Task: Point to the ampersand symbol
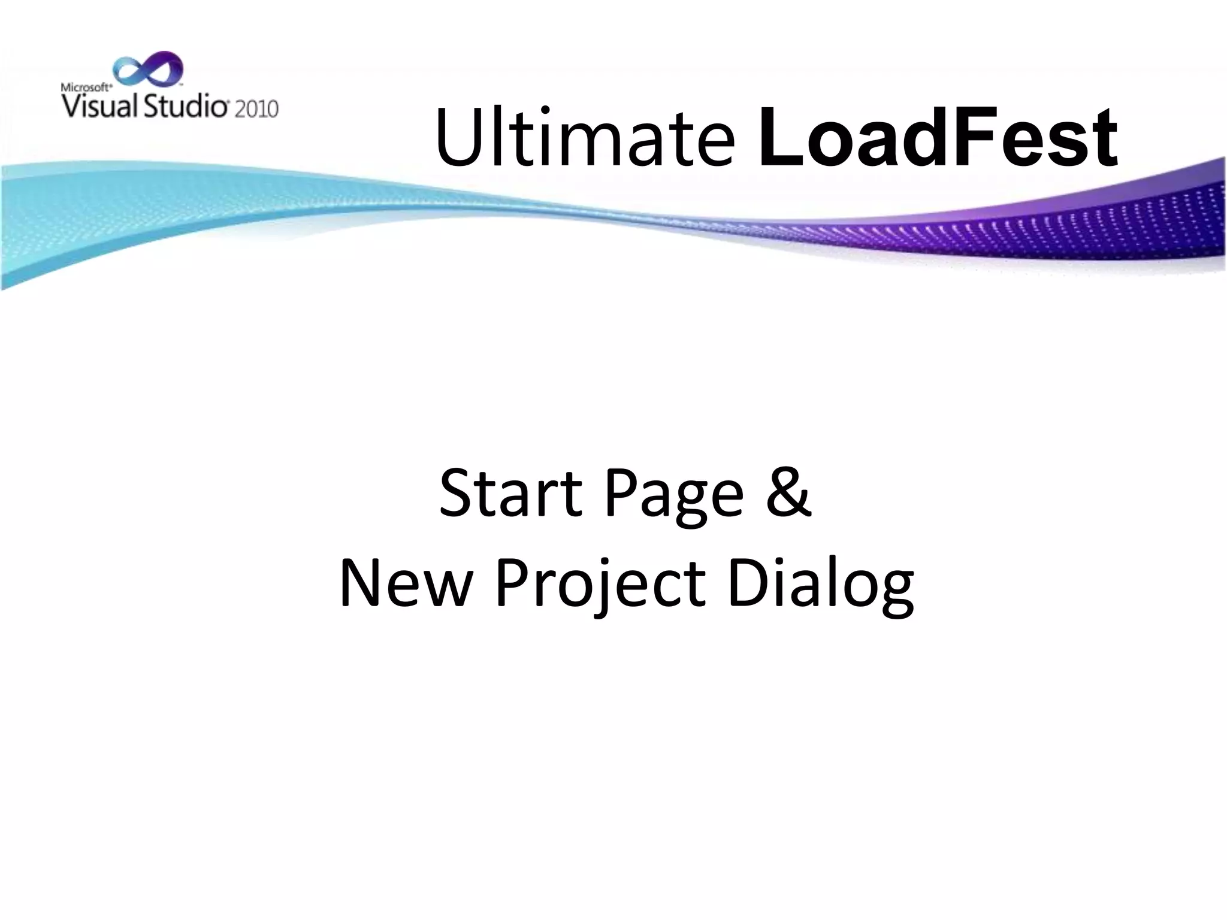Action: click(x=789, y=494)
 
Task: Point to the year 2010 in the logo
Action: click(x=256, y=109)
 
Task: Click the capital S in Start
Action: click(x=457, y=494)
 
